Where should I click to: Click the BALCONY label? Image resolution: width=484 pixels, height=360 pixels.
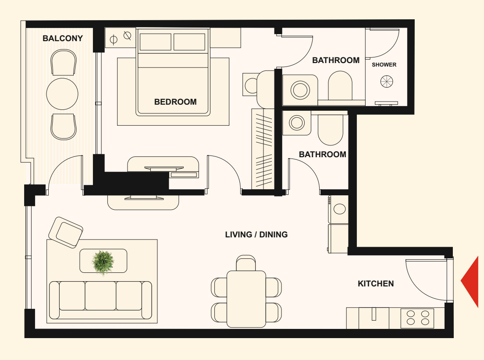tap(63, 38)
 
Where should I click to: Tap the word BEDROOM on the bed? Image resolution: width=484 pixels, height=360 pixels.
tap(175, 102)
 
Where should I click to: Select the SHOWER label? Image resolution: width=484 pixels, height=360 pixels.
tap(384, 65)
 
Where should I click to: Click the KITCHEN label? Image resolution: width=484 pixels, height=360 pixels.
tap(376, 283)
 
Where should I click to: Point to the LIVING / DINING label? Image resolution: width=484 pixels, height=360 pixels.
tap(256, 234)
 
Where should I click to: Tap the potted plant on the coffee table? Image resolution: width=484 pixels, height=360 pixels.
tap(103, 262)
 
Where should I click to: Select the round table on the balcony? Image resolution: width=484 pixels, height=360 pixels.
tap(62, 94)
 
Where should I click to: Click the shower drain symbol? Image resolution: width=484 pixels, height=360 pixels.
tap(387, 81)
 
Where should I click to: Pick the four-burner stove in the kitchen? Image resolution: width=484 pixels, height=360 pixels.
tap(417, 318)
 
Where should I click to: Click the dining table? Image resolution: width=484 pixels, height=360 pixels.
tap(246, 299)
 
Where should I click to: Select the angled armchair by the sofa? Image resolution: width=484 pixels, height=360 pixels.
tap(66, 232)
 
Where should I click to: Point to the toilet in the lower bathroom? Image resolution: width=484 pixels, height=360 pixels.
tap(330, 130)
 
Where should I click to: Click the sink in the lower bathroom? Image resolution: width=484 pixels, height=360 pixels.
tap(297, 123)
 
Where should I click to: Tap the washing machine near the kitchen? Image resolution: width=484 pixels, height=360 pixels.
tap(338, 209)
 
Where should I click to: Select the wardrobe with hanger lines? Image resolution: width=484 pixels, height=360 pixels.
tap(263, 149)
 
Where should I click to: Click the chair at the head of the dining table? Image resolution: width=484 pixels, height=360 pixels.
tap(246, 263)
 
